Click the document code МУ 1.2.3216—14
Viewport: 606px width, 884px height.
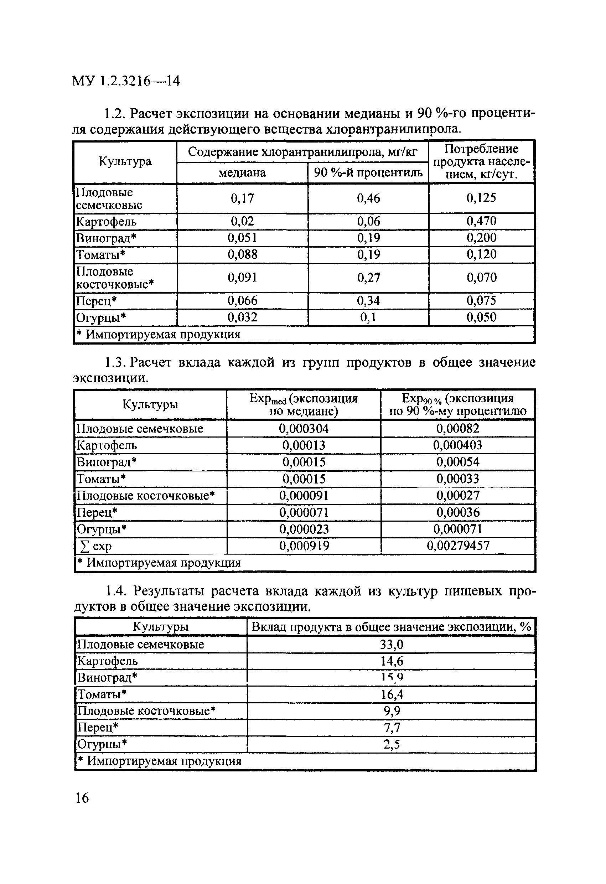coord(125,81)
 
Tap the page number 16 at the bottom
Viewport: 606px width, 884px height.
coord(82,798)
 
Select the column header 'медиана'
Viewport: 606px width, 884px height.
coord(242,173)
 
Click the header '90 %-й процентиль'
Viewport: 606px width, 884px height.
coord(368,173)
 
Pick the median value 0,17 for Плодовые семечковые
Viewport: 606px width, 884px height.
coord(242,198)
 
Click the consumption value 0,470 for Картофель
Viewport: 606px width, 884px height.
coord(481,221)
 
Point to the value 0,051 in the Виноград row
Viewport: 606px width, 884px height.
coord(242,238)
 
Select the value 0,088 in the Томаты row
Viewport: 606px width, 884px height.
coord(242,254)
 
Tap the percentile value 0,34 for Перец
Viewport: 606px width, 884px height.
coord(368,301)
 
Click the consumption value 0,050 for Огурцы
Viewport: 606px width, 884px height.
coord(481,317)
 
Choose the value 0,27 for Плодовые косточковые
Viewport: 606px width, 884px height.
coord(368,278)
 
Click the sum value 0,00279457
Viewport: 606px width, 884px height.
coord(458,546)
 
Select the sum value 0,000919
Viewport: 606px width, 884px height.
coord(304,546)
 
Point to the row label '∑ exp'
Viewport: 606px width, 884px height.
coord(95,547)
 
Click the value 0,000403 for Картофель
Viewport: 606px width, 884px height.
coord(458,445)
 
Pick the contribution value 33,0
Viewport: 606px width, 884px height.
coord(392,644)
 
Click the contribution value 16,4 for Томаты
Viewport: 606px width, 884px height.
coord(392,694)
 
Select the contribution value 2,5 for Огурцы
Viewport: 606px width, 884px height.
coord(392,744)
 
